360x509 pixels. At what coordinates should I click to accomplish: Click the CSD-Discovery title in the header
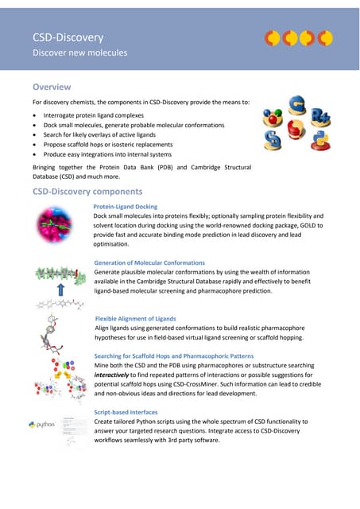[x=68, y=37]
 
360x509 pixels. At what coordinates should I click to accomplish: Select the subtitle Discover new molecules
[x=79, y=53]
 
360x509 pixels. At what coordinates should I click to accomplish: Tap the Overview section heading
[x=52, y=87]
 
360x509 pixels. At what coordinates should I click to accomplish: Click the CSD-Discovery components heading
[x=87, y=192]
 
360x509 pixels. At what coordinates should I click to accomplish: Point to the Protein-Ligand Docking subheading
[x=126, y=207]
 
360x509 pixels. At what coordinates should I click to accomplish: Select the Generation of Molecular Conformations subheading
[x=149, y=262]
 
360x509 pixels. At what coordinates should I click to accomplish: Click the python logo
[x=42, y=425]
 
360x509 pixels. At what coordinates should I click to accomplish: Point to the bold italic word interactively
[x=116, y=374]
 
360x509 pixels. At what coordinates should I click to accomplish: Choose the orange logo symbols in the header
[x=299, y=37]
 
